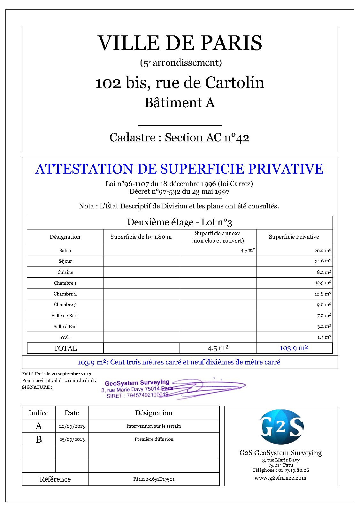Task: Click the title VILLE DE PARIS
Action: point(180,43)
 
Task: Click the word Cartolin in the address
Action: point(234,83)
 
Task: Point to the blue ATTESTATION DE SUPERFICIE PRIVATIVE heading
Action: point(179,169)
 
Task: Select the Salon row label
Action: point(65,251)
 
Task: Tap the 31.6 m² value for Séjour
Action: point(323,261)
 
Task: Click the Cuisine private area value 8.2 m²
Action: point(324,272)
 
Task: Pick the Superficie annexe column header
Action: point(218,237)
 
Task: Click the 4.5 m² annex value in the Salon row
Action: point(248,251)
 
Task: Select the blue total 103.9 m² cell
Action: point(294,348)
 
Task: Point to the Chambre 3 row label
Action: point(65,304)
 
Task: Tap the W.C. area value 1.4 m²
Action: point(324,337)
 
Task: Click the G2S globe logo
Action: point(281,427)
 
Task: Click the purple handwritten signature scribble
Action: point(211,387)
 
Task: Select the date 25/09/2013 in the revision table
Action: point(72,439)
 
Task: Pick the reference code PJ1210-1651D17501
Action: point(154,479)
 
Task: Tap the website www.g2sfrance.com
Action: point(280,478)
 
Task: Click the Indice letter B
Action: point(39,439)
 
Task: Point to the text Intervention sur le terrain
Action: point(154,426)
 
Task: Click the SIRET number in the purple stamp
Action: point(147,395)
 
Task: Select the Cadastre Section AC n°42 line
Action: point(179,138)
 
